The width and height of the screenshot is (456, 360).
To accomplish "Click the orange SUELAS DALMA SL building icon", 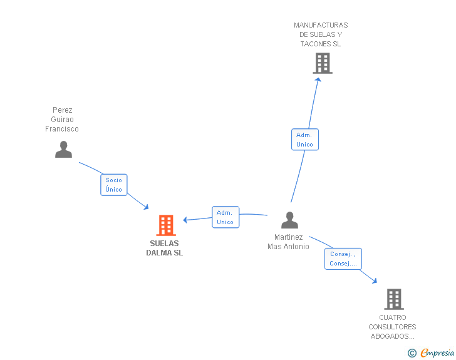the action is (x=166, y=225).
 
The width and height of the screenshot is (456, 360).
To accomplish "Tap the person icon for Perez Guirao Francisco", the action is (x=63, y=150).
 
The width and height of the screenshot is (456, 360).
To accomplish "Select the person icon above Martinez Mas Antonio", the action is (x=289, y=220).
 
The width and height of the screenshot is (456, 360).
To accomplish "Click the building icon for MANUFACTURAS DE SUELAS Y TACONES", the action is (x=323, y=63).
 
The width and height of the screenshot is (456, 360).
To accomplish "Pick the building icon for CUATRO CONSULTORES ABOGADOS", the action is (x=394, y=299).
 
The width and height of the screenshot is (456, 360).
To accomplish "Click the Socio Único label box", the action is (x=114, y=185).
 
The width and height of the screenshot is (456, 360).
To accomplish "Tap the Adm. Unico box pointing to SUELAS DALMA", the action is (x=225, y=217).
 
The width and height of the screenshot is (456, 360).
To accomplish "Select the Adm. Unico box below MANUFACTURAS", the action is (x=305, y=140).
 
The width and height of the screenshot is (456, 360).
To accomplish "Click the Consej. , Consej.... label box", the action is (x=343, y=259).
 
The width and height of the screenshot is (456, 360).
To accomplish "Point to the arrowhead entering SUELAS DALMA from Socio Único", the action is (x=147, y=207).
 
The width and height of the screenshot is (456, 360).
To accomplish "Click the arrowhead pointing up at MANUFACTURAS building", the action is (x=318, y=80).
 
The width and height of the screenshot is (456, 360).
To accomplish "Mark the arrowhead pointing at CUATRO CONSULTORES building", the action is (x=375, y=280).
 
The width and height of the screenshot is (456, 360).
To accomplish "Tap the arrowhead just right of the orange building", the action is (x=185, y=220).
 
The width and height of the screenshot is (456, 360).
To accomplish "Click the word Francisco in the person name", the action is (x=62, y=129).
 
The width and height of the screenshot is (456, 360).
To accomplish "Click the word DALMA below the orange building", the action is (x=159, y=253).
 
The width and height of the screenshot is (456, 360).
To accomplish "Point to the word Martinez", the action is (x=289, y=237).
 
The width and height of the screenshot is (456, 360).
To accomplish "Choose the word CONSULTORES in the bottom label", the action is (x=392, y=327).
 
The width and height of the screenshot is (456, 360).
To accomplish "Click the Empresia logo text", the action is (x=437, y=353).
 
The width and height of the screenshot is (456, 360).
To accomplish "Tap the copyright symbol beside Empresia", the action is (x=412, y=353).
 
